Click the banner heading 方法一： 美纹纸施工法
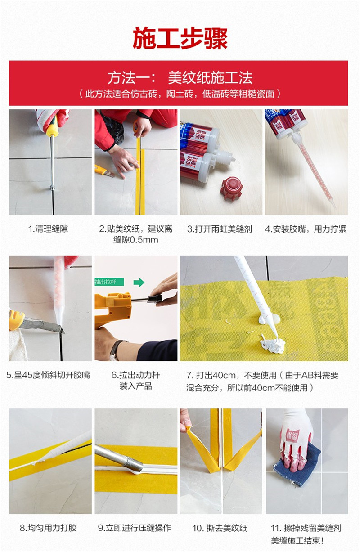(x=180, y=78)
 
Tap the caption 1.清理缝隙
(x=48, y=229)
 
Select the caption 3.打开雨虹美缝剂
(x=220, y=229)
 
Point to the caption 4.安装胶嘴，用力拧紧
(x=306, y=229)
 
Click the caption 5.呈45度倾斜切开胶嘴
(x=48, y=375)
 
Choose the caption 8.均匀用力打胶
(x=48, y=528)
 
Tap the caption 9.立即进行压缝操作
(x=135, y=528)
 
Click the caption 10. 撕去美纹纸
(x=220, y=528)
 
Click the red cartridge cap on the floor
(x=232, y=188)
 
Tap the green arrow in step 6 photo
(x=139, y=282)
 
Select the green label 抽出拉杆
(x=109, y=282)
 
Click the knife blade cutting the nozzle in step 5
(x=42, y=325)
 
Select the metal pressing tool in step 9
(x=119, y=458)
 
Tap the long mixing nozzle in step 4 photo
(x=313, y=170)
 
